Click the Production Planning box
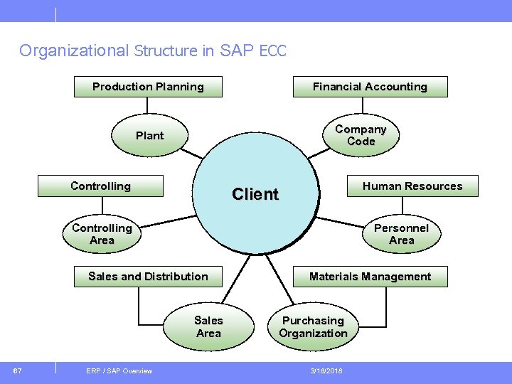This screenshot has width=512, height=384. click(x=148, y=87)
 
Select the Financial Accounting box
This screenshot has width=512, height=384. click(x=370, y=87)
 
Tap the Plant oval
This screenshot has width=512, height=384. click(x=149, y=135)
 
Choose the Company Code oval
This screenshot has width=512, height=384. click(x=361, y=135)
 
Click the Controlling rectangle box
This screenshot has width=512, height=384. click(x=100, y=186)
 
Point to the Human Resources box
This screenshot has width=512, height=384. click(x=412, y=186)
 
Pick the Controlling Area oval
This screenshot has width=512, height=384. click(x=102, y=234)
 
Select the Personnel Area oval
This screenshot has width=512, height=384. click(x=401, y=234)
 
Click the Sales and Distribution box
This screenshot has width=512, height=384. click(x=148, y=276)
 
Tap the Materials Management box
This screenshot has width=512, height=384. click(x=370, y=276)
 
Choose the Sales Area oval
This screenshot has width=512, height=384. click(x=208, y=326)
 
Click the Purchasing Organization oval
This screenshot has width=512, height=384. click(x=313, y=326)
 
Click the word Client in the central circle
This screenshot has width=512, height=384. click(x=255, y=194)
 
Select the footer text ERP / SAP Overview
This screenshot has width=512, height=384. click(x=119, y=370)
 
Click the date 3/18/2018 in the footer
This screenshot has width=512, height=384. click(x=326, y=370)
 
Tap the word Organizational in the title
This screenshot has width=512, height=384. click(x=73, y=50)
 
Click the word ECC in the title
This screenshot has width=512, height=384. click(x=272, y=51)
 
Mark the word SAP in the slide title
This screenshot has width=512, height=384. click(x=241, y=51)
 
